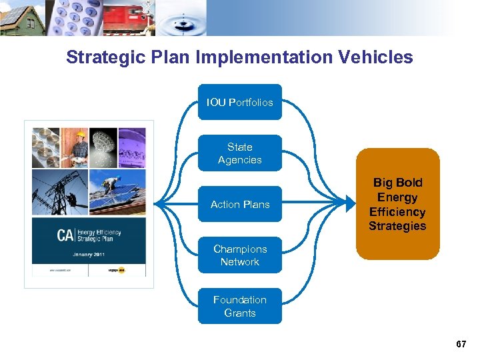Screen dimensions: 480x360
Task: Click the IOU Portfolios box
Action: tap(240, 102)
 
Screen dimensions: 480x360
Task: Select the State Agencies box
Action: tap(240, 153)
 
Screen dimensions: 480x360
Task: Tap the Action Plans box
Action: tap(240, 204)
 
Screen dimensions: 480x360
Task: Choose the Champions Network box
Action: tap(240, 255)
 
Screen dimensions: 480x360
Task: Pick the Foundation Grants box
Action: tap(240, 306)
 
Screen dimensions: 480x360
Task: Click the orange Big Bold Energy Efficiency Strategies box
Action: tap(398, 204)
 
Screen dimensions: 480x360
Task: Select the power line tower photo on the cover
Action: tap(58, 193)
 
